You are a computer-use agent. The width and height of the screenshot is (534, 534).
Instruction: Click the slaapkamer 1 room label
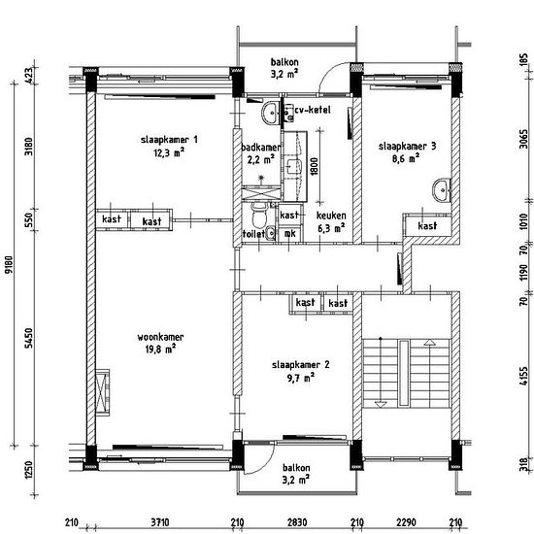click(169, 140)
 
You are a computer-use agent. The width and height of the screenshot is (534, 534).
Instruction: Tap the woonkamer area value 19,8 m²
click(160, 350)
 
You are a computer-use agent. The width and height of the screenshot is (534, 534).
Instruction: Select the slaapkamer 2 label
click(301, 365)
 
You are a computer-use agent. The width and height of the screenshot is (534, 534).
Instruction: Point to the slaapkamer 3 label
click(408, 147)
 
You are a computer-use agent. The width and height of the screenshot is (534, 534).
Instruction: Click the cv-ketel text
click(313, 110)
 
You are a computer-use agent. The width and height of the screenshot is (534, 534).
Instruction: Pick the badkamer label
click(261, 148)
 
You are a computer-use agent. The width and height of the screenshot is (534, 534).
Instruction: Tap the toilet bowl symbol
click(259, 215)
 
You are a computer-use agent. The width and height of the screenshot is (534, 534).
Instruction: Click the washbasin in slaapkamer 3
click(442, 189)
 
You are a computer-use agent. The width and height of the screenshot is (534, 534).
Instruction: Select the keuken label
click(331, 216)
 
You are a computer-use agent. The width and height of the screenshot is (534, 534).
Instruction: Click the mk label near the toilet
click(290, 234)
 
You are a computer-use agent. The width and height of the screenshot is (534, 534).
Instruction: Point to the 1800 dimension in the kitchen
click(314, 166)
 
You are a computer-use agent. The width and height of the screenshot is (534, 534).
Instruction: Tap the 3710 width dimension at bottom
click(160, 522)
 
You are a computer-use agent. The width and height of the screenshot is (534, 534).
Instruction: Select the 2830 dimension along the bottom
click(297, 522)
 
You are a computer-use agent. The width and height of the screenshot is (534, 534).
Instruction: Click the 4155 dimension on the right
click(524, 376)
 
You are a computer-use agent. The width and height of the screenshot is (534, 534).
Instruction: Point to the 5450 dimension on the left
click(29, 338)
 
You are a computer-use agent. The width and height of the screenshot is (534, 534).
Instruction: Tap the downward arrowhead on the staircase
click(381, 405)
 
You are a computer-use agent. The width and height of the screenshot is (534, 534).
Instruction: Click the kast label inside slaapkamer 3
click(427, 226)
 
